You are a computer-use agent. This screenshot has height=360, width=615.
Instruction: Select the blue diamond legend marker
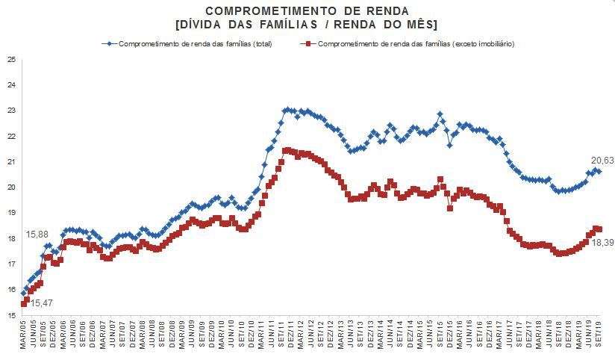(x=110, y=43)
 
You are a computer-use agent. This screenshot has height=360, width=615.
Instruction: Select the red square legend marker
(x=307, y=43)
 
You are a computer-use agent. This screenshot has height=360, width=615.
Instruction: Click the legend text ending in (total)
(x=195, y=43)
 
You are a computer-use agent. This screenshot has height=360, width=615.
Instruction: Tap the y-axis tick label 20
(x=10, y=187)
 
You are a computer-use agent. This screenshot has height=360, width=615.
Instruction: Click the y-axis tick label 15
(x=10, y=315)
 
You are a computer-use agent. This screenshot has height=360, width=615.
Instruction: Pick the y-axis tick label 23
(x=10, y=111)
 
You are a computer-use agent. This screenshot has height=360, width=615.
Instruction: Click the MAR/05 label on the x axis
(x=23, y=336)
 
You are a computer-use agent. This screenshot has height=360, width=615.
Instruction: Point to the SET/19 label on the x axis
(x=597, y=336)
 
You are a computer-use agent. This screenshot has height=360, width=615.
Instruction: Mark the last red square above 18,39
(x=599, y=229)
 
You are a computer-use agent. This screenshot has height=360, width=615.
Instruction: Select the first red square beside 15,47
(x=24, y=303)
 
